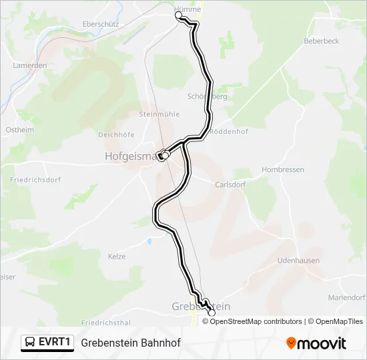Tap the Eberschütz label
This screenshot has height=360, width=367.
click(x=100, y=23)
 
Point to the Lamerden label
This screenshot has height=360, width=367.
click(x=29, y=65)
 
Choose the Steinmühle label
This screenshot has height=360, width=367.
click(x=159, y=114)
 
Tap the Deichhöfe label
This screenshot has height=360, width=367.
click(x=116, y=134)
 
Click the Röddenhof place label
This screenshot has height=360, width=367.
click(x=229, y=132)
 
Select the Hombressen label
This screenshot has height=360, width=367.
click(x=283, y=170)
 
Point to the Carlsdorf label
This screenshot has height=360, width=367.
click(x=230, y=185)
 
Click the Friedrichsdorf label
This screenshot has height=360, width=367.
click(x=35, y=180)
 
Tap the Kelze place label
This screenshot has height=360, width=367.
click(x=116, y=256)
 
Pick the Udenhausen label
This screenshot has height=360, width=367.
click(x=298, y=261)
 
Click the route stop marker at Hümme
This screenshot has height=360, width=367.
click(x=178, y=15)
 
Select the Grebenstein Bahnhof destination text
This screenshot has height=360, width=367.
click(x=131, y=343)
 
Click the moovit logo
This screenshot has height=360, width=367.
click(x=316, y=343)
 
